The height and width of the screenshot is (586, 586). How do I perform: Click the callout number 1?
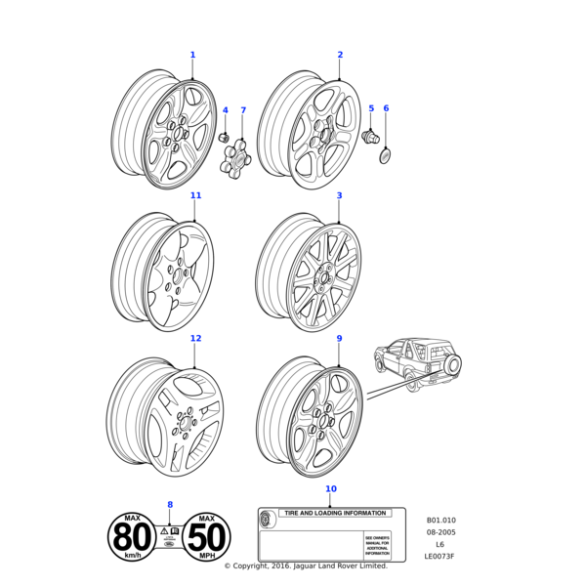[x=192, y=55]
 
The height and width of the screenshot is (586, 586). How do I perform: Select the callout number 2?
[x=340, y=55]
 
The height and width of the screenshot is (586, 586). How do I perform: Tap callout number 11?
[x=195, y=195]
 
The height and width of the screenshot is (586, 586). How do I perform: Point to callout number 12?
[x=195, y=338]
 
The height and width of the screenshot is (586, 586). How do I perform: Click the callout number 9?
[x=339, y=338]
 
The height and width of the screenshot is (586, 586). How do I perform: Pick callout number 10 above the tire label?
[x=330, y=488]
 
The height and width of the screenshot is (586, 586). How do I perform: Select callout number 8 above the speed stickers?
[x=170, y=504]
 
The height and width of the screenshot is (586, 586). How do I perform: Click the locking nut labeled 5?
[x=370, y=137]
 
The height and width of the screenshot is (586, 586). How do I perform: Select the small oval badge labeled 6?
[x=386, y=156]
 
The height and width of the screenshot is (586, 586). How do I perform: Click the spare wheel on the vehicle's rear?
[x=453, y=364]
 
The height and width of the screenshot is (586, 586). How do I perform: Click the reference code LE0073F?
[x=439, y=557]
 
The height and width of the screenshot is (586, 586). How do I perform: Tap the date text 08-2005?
[x=440, y=532]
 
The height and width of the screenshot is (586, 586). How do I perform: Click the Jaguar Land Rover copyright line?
[x=306, y=566]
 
